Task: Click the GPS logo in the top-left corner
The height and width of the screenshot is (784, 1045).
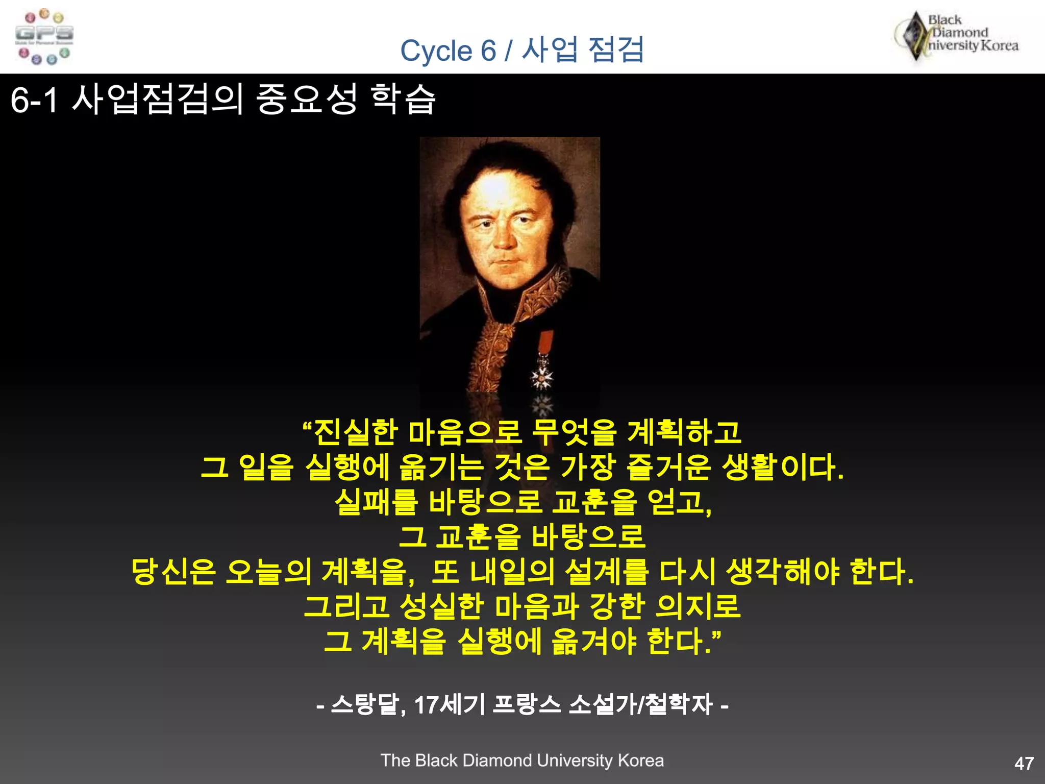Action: [44, 37]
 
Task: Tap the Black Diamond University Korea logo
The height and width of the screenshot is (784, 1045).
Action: [957, 36]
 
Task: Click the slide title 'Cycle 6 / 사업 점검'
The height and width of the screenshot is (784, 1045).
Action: [521, 50]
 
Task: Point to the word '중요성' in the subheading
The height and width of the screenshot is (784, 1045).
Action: [306, 99]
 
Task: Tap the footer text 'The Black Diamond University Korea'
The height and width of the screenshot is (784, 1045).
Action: [522, 761]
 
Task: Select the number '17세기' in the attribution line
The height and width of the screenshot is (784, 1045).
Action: [449, 705]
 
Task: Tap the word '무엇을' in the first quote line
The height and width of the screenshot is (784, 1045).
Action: [574, 432]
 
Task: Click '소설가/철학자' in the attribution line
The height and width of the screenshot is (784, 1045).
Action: [640, 705]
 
